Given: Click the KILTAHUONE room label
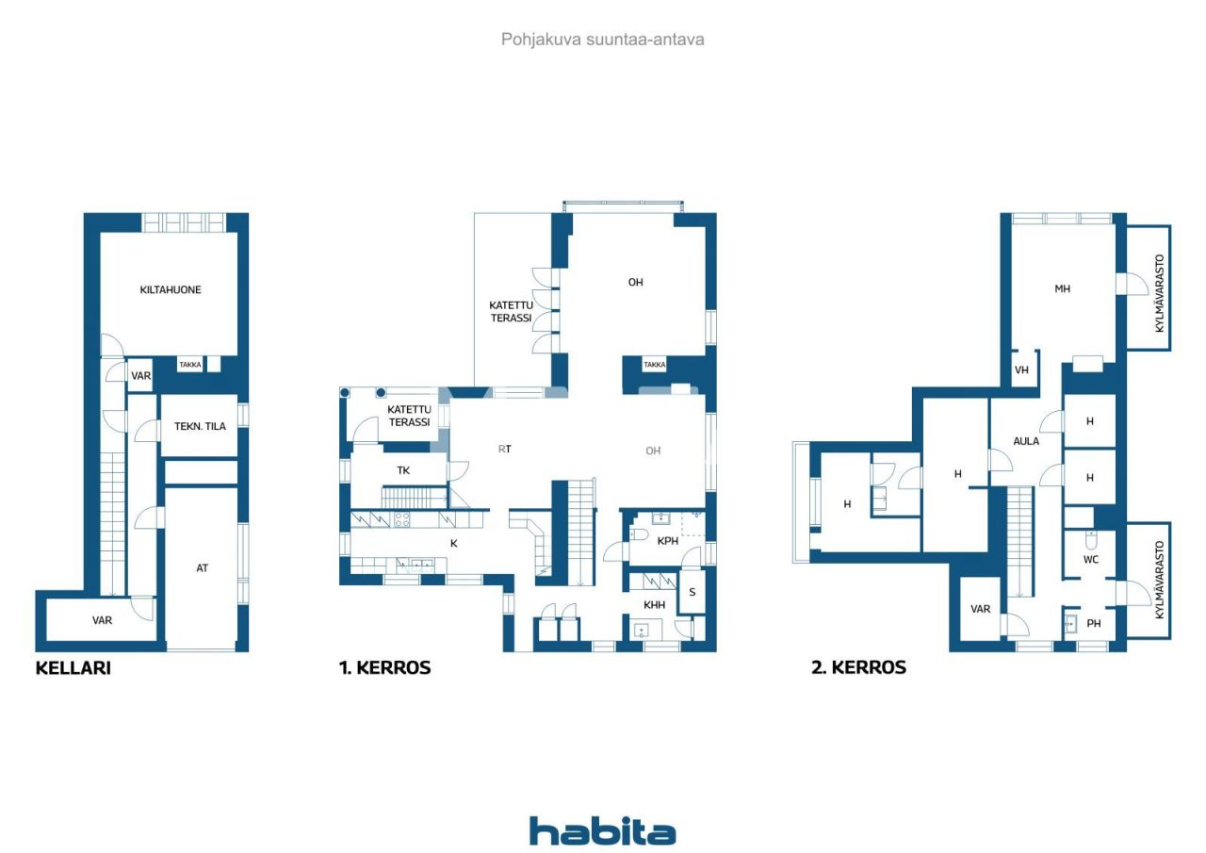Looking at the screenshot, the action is click(171, 289).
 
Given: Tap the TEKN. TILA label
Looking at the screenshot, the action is click(200, 426).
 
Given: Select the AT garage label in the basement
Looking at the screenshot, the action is click(202, 567).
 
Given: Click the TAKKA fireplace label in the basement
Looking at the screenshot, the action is click(190, 365).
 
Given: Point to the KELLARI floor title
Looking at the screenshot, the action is click(73, 667).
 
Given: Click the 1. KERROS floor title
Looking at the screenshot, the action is click(385, 667).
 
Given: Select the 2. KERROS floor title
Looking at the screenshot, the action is click(858, 667).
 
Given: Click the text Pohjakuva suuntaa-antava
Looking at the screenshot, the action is click(602, 40).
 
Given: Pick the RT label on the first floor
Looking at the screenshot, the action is click(504, 449).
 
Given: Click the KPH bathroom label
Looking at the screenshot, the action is click(668, 541).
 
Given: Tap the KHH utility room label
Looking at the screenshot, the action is click(654, 605).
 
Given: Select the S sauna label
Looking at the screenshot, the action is click(692, 592).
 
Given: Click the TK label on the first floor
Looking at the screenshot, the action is click(403, 470).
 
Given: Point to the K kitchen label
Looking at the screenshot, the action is click(454, 543).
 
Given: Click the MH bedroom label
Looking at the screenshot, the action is click(1062, 288).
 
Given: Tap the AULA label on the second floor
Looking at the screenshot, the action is click(1026, 441).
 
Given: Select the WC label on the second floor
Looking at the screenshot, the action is click(1091, 560).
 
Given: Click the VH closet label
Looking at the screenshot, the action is click(1021, 370).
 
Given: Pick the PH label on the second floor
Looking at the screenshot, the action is click(1094, 623).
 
